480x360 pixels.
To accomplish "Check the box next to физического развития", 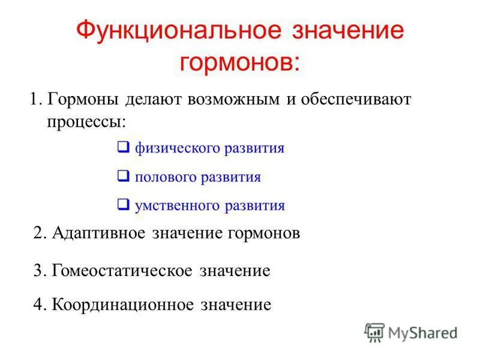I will (123, 147).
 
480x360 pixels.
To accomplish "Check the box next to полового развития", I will (123, 176).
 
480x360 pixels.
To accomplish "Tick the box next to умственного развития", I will (123, 205).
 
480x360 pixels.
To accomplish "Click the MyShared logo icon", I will (374, 332).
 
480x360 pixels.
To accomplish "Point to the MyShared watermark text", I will (422, 332).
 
